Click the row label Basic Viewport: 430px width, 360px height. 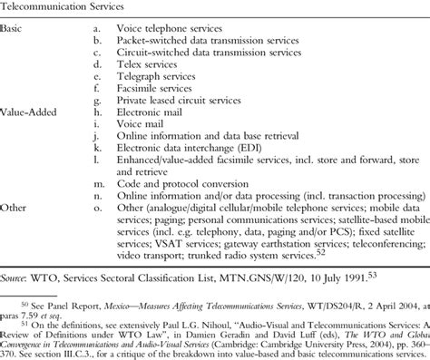(x=13, y=29)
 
